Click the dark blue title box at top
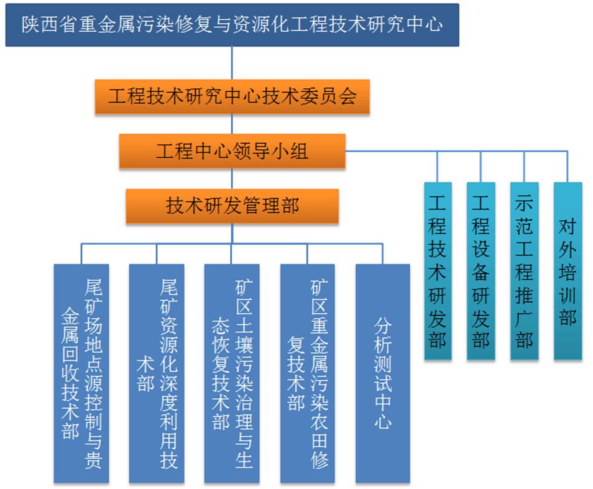tap(232, 25)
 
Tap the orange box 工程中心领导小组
tap(232, 151)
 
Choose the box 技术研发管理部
tap(232, 206)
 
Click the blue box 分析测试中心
tap(383, 373)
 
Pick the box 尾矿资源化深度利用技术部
tap(156, 373)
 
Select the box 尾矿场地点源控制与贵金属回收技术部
tap(81, 373)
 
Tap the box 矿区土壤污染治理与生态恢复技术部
tap(231, 373)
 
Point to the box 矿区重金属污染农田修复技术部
tap(307, 373)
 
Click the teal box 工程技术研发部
tap(438, 271)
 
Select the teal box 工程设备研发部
tap(480, 271)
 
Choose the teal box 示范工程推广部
tap(524, 271)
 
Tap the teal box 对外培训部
tap(568, 271)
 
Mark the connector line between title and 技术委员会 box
tap(232, 63)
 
